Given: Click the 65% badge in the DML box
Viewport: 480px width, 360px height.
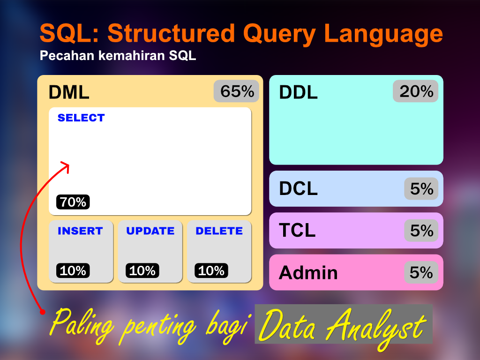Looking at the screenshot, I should [x=237, y=91].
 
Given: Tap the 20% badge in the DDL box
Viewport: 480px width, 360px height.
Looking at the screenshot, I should [x=416, y=91].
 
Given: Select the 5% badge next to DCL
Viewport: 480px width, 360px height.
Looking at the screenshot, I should [x=421, y=189].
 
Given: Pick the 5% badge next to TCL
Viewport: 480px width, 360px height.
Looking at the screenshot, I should [x=421, y=231].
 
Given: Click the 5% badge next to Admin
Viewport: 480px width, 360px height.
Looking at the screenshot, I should [x=421, y=272].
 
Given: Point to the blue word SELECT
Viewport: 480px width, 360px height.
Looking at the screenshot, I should [x=81, y=118].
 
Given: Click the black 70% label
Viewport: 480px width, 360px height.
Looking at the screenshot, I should [x=73, y=202].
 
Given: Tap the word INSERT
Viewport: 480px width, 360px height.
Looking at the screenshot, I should [x=80, y=231].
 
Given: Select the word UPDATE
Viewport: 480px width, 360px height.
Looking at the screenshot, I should [x=150, y=231].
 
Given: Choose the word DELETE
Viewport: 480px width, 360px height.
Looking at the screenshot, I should [x=219, y=231].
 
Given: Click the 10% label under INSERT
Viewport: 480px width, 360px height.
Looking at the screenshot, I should [x=73, y=271].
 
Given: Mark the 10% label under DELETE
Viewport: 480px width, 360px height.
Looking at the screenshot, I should [x=211, y=271].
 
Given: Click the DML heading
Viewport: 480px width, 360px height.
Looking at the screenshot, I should [x=69, y=92].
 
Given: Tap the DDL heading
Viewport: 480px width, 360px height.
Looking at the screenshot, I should [x=298, y=92].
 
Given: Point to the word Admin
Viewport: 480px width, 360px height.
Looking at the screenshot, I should [x=308, y=272].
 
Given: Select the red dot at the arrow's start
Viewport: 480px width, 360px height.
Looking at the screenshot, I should [x=42, y=311].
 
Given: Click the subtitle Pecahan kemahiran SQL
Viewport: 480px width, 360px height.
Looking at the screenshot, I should [x=118, y=56].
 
